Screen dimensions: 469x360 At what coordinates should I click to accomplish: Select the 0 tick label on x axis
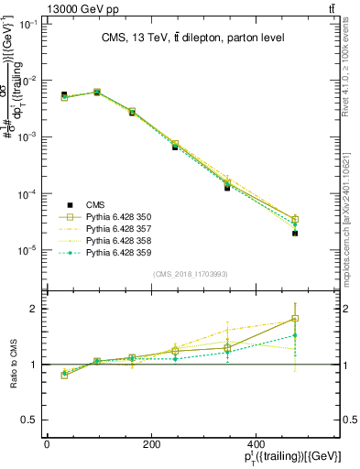pyautogui.click(x=47, y=444)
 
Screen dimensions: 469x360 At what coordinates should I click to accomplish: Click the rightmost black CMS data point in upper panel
pyautogui.click(x=295, y=234)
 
